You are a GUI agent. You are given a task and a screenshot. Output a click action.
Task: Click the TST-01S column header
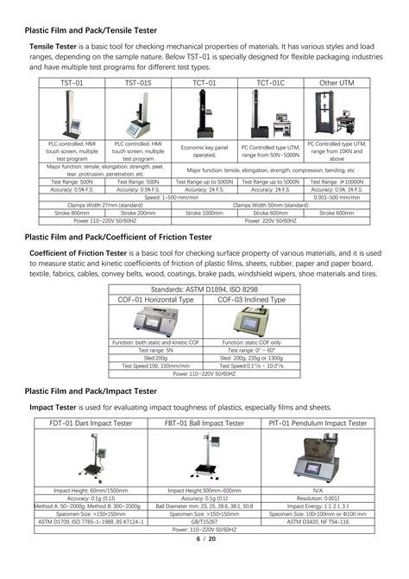(138, 84)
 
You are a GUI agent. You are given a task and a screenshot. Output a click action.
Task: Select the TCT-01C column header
(270, 84)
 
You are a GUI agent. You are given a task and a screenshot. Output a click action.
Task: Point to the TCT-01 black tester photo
(204, 113)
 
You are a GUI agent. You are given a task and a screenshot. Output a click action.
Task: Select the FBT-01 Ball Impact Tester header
(204, 423)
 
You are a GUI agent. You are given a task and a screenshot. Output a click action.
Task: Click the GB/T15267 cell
(204, 521)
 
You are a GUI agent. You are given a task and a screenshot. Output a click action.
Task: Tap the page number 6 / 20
(204, 539)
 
